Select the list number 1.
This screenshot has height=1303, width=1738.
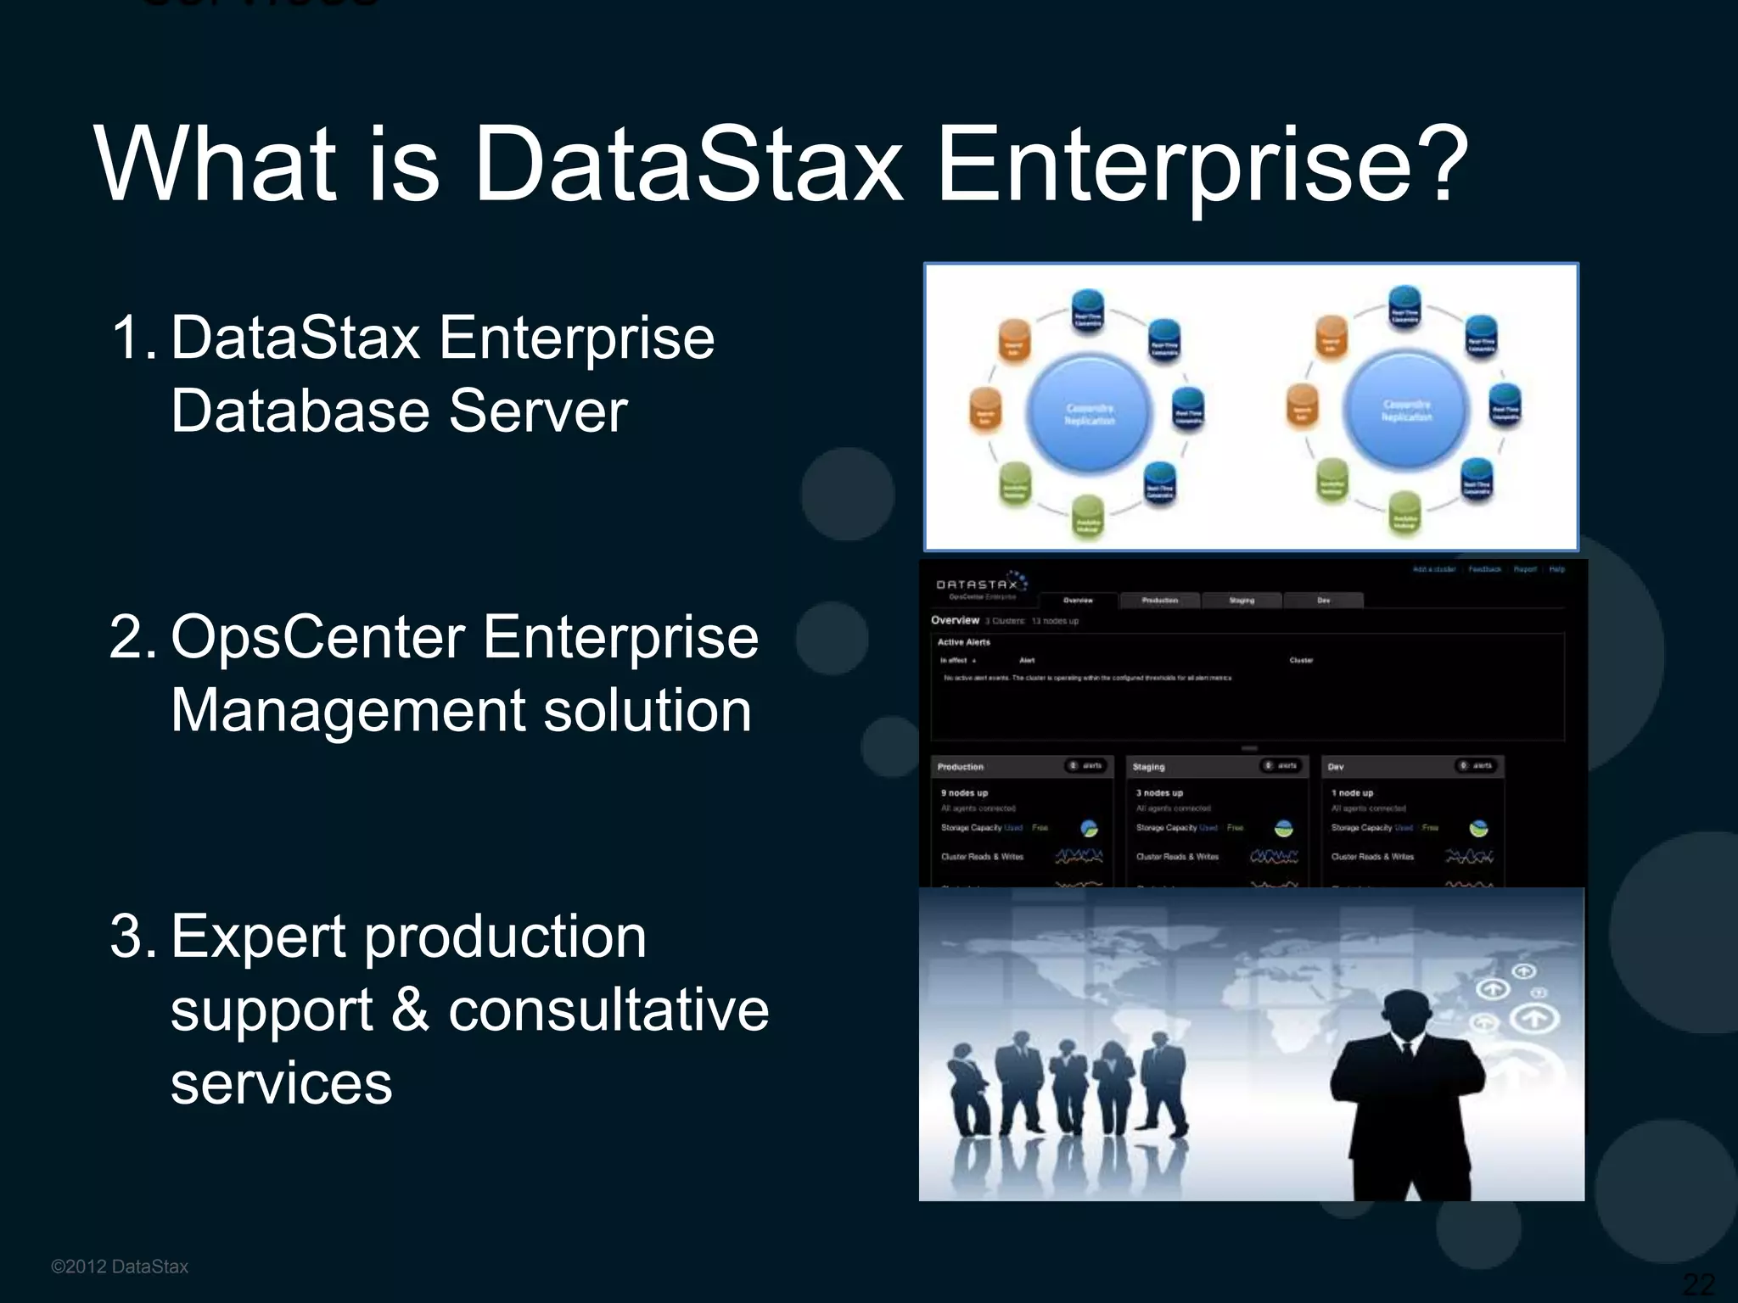click(x=132, y=338)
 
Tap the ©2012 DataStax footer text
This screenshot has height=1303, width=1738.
click(x=120, y=1267)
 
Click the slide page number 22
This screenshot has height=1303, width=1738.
click(x=1699, y=1283)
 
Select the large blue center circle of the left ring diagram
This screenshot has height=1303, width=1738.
click(x=1090, y=413)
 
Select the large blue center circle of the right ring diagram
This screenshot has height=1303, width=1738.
click(x=1406, y=410)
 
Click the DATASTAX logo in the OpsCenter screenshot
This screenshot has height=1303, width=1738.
click(x=978, y=584)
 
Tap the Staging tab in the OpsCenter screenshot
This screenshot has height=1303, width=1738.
click(x=1242, y=601)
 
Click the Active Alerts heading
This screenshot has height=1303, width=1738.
click(x=963, y=642)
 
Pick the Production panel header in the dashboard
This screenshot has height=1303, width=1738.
click(x=961, y=767)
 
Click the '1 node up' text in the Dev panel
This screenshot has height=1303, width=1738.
click(x=1352, y=793)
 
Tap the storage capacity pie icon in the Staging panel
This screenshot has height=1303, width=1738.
click(x=1284, y=829)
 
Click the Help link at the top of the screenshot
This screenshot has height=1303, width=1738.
click(x=1556, y=569)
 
